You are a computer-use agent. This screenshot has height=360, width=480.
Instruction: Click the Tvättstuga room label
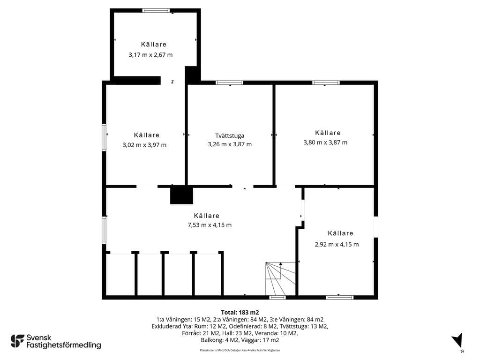(230, 135)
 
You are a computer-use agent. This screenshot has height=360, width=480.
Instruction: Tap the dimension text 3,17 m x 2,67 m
(150, 55)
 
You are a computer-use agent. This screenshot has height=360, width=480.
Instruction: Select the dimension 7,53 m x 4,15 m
(210, 225)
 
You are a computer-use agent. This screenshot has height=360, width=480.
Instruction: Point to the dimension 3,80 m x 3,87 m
(325, 142)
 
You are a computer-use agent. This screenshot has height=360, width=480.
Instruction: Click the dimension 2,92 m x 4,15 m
(337, 244)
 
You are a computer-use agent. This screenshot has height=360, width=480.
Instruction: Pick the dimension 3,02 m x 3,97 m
(144, 145)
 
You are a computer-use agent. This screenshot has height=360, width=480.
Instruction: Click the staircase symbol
(280, 278)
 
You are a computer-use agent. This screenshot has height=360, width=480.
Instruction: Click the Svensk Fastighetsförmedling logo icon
(17, 341)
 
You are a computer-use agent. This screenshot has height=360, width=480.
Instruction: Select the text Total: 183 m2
(240, 313)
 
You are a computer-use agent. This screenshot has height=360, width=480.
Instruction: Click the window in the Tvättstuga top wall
(229, 82)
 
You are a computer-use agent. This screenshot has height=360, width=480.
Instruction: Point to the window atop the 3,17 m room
(156, 10)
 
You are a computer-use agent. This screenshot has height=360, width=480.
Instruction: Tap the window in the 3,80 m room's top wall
(326, 82)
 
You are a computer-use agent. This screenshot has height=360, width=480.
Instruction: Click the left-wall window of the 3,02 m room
(104, 137)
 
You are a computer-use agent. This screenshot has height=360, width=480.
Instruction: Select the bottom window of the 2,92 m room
(340, 297)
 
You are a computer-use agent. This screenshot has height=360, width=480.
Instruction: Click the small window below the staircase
(277, 297)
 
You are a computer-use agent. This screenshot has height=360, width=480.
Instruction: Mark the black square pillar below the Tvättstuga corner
(181, 195)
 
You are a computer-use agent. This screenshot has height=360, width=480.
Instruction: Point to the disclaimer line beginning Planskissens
(240, 350)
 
